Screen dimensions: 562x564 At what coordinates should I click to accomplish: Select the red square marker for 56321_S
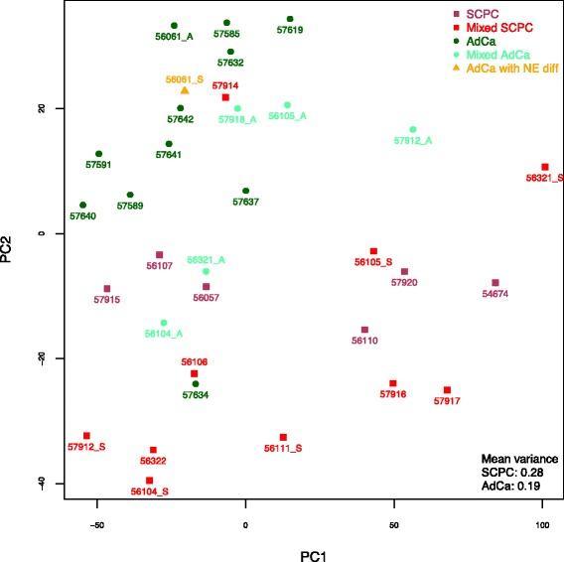pos(544,167)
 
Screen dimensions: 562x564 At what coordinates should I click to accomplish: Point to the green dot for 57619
pos(290,19)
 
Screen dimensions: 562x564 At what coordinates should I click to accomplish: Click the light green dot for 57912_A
pos(413,129)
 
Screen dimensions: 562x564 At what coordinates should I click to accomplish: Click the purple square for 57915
pos(107,288)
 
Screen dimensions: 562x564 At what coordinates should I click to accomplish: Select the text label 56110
pos(365,341)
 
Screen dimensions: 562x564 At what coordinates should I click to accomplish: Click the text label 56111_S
pos(283,449)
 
